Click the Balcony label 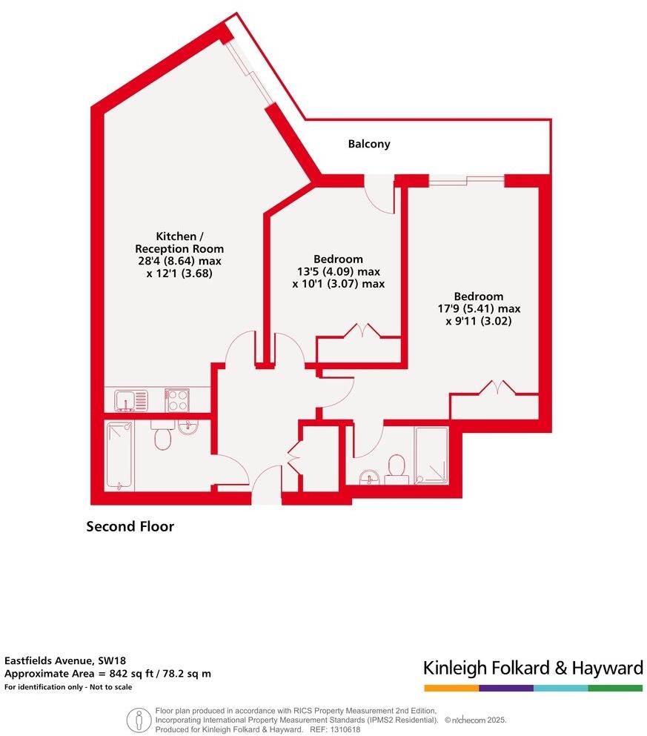tap(369, 144)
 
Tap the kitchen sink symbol tap(132, 400)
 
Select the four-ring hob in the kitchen tap(176, 400)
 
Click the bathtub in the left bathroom tap(119, 454)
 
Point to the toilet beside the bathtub tap(162, 437)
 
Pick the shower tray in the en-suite tap(431, 455)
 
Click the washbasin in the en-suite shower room tap(368, 477)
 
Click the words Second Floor tap(130, 527)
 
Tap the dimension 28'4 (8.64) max tap(179, 261)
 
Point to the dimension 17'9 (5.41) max tap(479, 308)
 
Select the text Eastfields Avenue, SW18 tap(52, 660)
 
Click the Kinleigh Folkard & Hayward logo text tap(533, 668)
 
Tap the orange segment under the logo tap(451, 688)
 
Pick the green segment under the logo tap(615, 688)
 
